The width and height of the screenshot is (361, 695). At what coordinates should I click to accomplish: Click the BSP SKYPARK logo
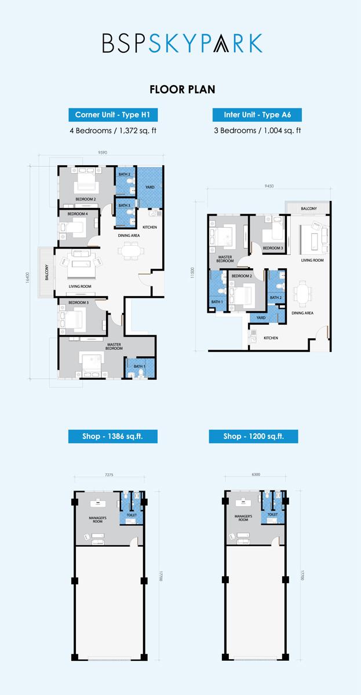point(182,43)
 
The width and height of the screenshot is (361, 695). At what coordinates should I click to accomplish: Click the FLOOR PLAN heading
point(182,89)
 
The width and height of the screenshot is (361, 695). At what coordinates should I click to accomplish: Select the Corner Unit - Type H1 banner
point(113,115)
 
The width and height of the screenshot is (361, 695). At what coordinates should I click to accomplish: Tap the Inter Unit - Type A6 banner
point(257,115)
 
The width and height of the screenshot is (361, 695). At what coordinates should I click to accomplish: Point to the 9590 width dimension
point(103,152)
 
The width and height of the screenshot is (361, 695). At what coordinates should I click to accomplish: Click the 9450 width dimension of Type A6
point(269,186)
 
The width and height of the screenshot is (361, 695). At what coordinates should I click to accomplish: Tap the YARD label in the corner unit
point(150,187)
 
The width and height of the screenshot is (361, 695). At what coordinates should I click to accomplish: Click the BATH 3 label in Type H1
point(124,206)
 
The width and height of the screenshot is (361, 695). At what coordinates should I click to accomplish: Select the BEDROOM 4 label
point(78,214)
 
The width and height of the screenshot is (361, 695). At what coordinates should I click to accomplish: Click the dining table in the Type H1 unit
point(131,251)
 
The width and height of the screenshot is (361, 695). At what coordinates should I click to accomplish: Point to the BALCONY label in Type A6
point(309,209)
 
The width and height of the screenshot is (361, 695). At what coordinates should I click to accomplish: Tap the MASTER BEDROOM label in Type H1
point(114,346)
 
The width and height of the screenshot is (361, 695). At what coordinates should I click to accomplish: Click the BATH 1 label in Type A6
point(217,302)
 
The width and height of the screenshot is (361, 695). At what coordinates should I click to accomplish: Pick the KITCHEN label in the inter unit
point(271,338)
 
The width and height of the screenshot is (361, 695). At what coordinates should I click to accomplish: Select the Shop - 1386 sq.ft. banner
point(113,436)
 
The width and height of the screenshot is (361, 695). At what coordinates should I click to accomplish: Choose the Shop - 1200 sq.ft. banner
point(253,436)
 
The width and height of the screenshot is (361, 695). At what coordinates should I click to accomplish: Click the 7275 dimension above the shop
point(109,475)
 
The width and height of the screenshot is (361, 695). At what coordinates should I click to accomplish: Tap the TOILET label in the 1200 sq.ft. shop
point(272,514)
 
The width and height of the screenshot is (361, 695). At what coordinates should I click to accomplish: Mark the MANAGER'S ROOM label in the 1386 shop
point(97,520)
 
